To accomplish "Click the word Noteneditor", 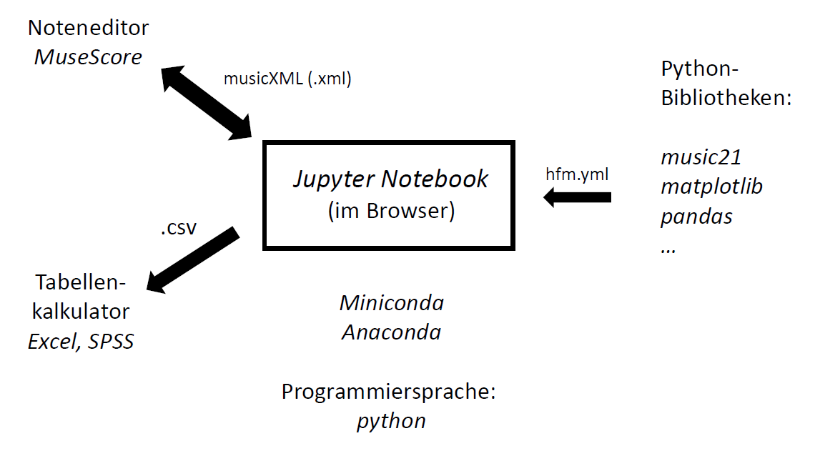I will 88,28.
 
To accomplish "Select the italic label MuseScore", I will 88,56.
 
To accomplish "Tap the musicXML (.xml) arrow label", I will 287,79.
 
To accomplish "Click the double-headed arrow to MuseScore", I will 205,101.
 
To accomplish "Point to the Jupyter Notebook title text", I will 390,179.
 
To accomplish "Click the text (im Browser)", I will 390,212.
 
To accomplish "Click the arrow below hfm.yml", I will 578,197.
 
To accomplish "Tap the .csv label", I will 177,229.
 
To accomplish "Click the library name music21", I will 701,157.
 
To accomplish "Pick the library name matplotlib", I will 711,187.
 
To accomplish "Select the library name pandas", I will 696,216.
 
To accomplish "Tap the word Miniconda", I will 391,302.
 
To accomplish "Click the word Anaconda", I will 391,332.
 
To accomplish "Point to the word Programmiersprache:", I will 388,392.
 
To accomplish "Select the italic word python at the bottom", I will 391,420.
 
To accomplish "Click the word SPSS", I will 111,342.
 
